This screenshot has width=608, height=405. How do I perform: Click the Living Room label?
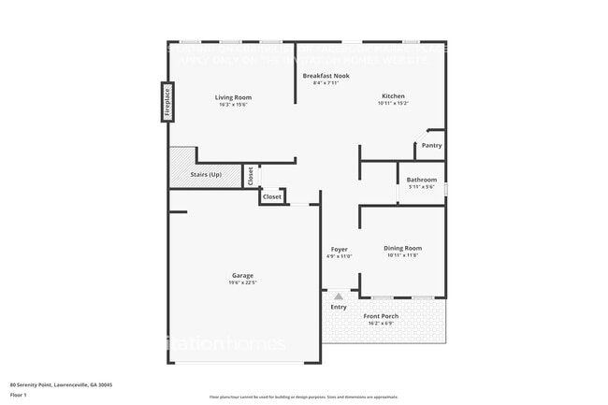(233, 97)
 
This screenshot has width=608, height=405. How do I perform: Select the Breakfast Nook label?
(326, 75)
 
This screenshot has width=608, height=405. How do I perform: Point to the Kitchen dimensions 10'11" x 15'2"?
(393, 104)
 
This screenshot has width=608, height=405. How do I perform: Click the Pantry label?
(431, 145)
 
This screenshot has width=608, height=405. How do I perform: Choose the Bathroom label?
(421, 180)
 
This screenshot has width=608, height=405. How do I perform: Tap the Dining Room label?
(402, 248)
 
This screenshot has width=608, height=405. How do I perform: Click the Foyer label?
(339, 249)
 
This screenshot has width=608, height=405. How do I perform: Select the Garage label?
(243, 275)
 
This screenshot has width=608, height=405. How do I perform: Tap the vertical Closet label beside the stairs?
(251, 175)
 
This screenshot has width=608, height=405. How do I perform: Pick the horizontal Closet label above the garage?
(271, 197)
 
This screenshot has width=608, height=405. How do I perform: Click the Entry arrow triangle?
(339, 296)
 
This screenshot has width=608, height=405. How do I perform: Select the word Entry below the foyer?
(339, 307)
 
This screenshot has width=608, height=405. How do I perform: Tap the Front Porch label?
(381, 316)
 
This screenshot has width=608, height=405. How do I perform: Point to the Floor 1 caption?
(19, 395)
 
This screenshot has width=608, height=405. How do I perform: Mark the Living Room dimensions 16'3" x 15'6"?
(233, 105)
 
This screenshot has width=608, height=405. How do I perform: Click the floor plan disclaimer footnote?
(303, 398)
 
